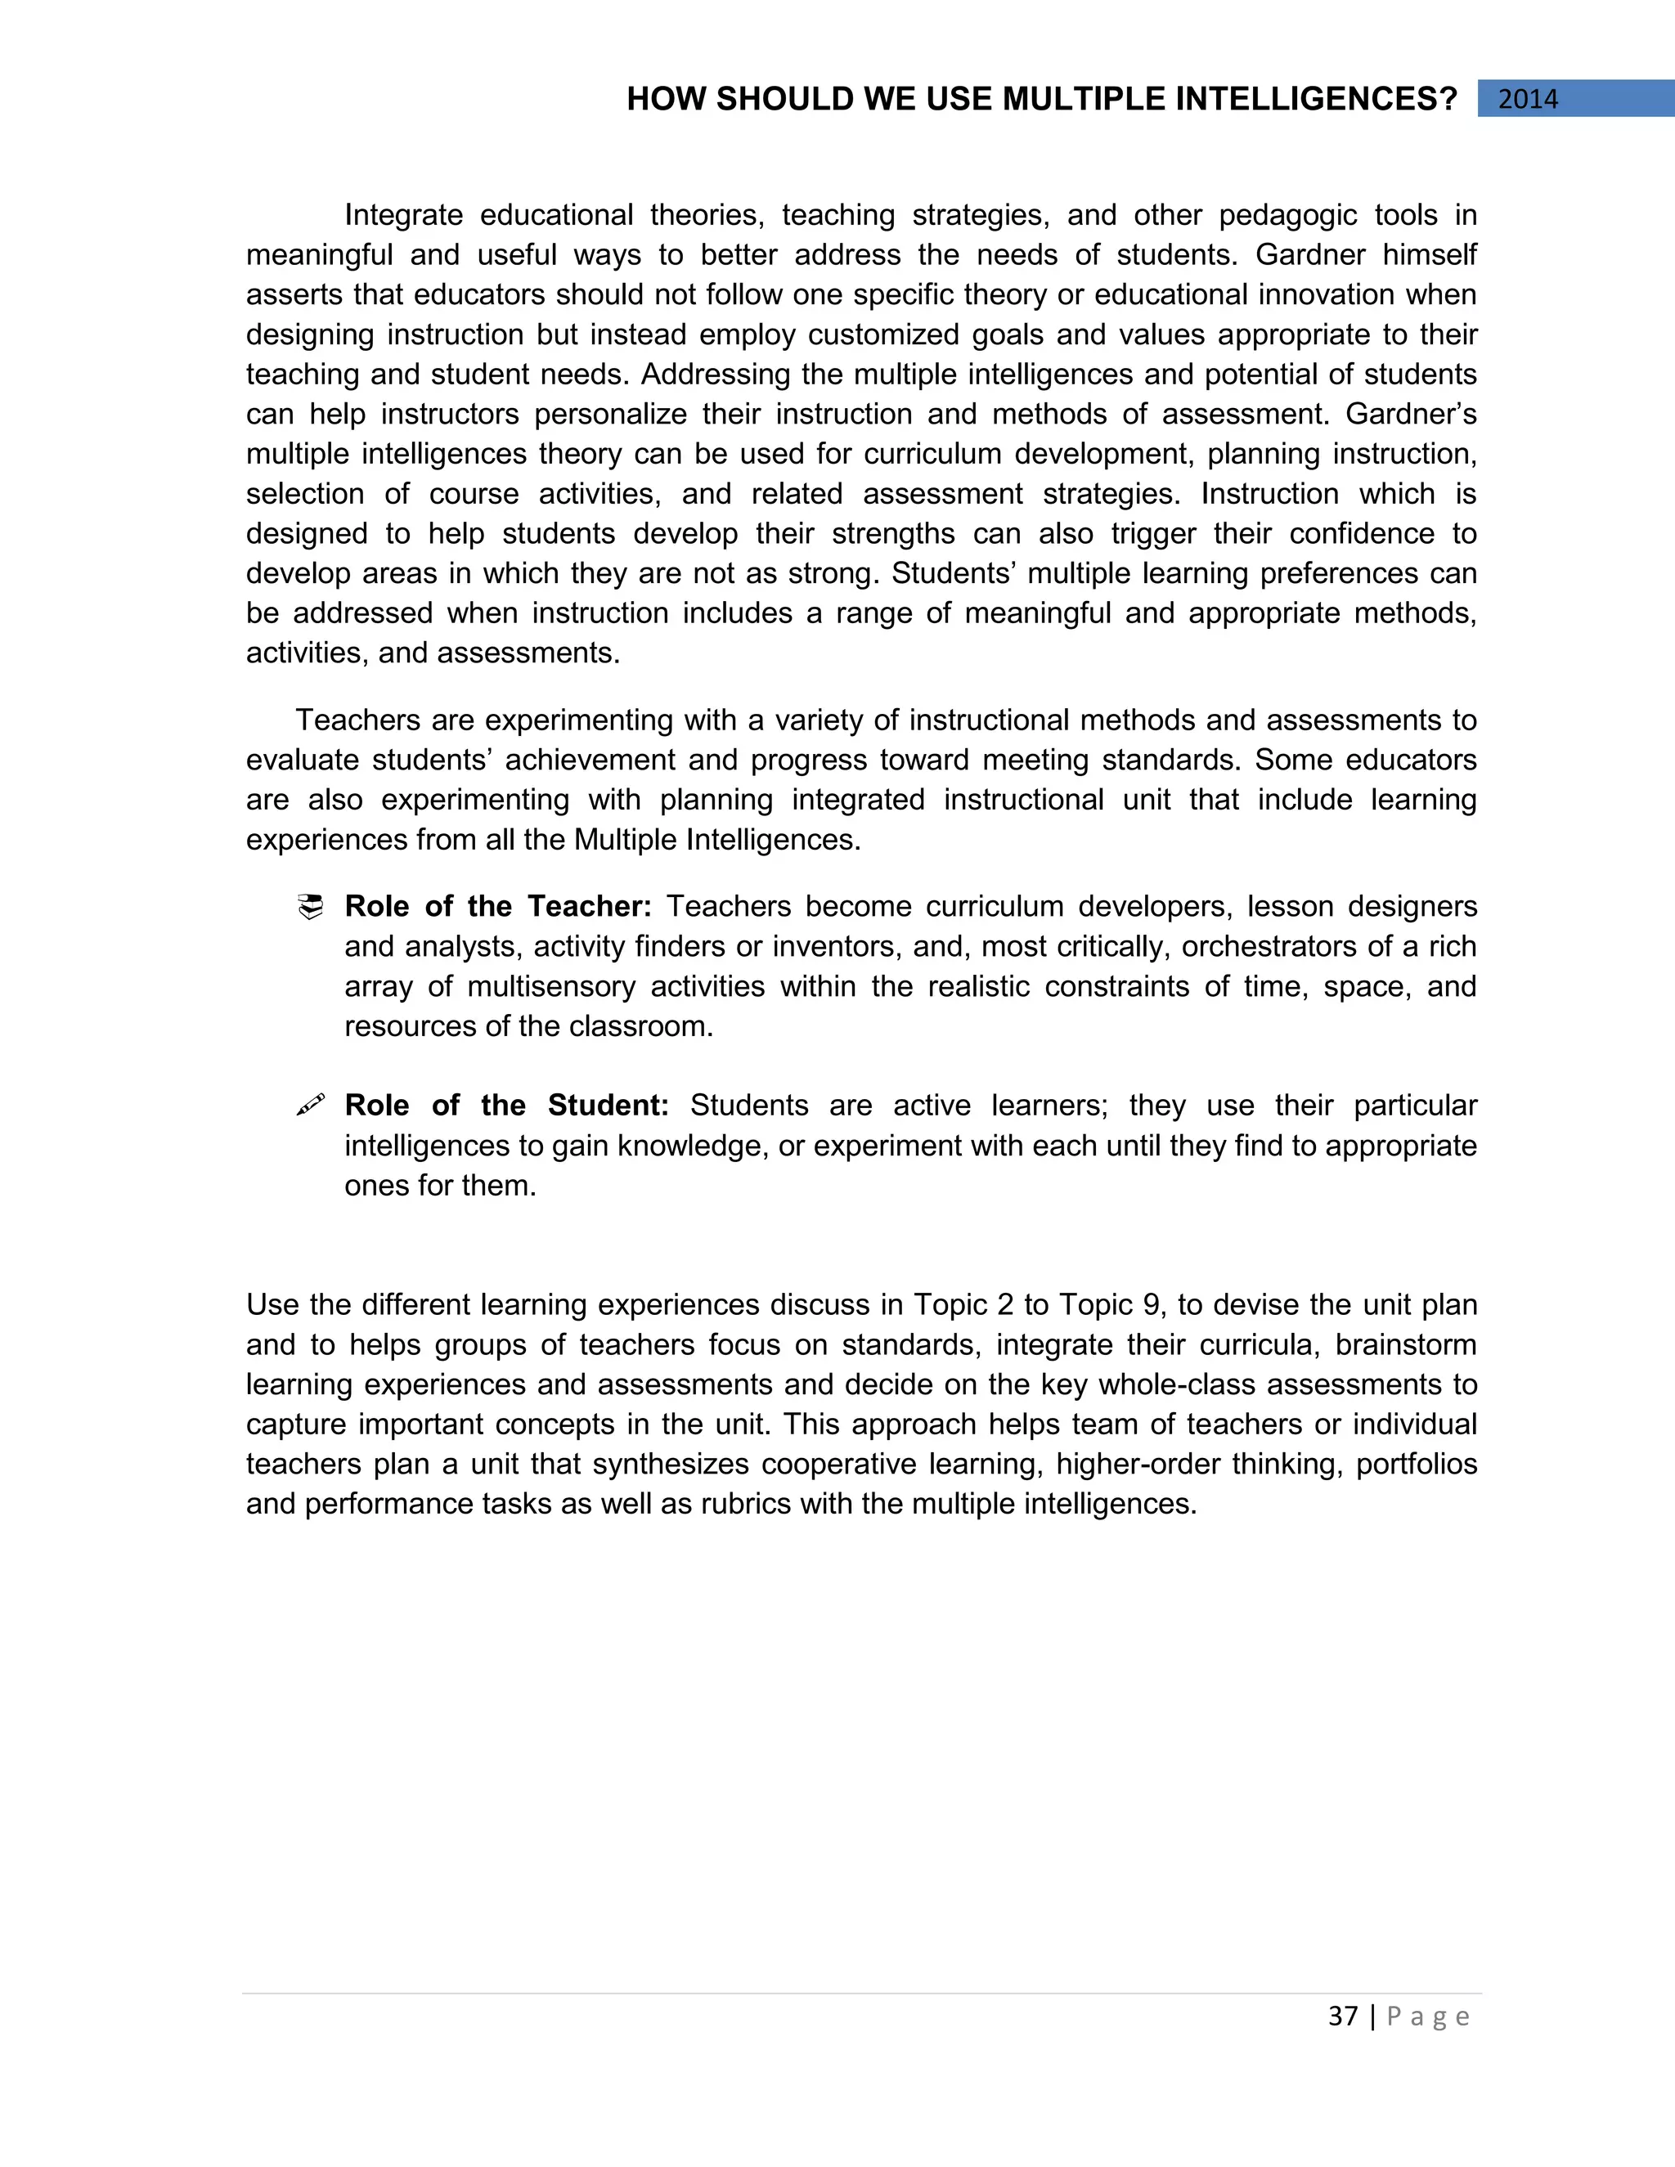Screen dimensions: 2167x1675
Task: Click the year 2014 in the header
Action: coord(1527,99)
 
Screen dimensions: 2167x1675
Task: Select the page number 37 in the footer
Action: coord(1343,2017)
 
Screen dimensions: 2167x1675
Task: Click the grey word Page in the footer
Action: coord(1428,2017)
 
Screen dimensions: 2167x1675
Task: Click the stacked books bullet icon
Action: coord(311,907)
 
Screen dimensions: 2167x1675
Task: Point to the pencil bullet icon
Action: coord(311,1106)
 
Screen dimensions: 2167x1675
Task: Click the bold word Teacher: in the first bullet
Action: coord(590,907)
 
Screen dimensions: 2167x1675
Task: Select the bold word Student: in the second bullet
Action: coord(608,1106)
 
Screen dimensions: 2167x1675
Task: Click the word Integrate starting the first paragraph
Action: coord(403,215)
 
